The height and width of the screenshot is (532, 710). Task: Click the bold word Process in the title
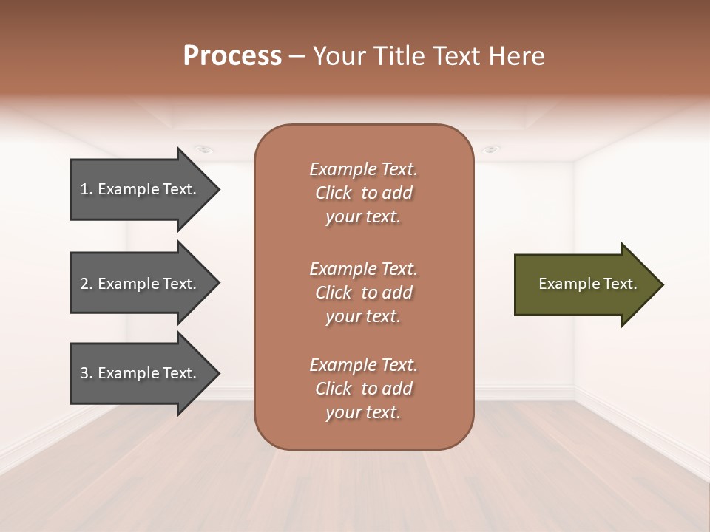[x=232, y=55]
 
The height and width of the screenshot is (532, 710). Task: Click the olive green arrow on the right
[x=584, y=284]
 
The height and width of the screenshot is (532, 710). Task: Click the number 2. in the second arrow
[x=86, y=284]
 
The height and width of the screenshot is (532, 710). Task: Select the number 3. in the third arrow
[x=86, y=373]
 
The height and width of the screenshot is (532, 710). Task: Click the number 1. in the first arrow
[x=86, y=189]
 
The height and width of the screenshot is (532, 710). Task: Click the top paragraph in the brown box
[x=363, y=193]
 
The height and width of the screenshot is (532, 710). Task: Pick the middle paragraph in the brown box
[x=363, y=292]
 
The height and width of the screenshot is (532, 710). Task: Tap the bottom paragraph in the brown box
[x=363, y=389]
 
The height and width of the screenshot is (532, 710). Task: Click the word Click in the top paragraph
[x=334, y=193]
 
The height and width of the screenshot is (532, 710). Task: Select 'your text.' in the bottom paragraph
[x=363, y=412]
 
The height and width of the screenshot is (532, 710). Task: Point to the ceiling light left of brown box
[x=205, y=149]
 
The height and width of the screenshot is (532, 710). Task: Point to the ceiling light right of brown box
[x=490, y=149]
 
